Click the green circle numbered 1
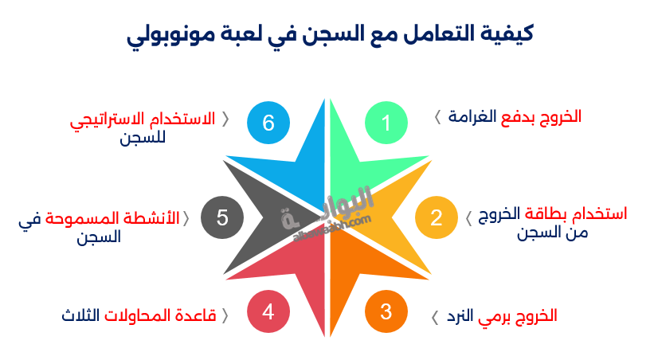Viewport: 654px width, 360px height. (x=386, y=123)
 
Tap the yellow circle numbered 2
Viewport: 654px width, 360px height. (x=436, y=217)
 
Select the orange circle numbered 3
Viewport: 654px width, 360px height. (x=386, y=311)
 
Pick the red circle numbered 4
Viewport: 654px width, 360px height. (x=268, y=311)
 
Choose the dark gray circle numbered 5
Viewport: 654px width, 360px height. (x=222, y=217)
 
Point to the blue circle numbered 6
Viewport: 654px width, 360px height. (x=268, y=123)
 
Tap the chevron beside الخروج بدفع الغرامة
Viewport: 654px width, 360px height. (x=437, y=117)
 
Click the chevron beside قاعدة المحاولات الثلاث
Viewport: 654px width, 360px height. (x=225, y=316)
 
